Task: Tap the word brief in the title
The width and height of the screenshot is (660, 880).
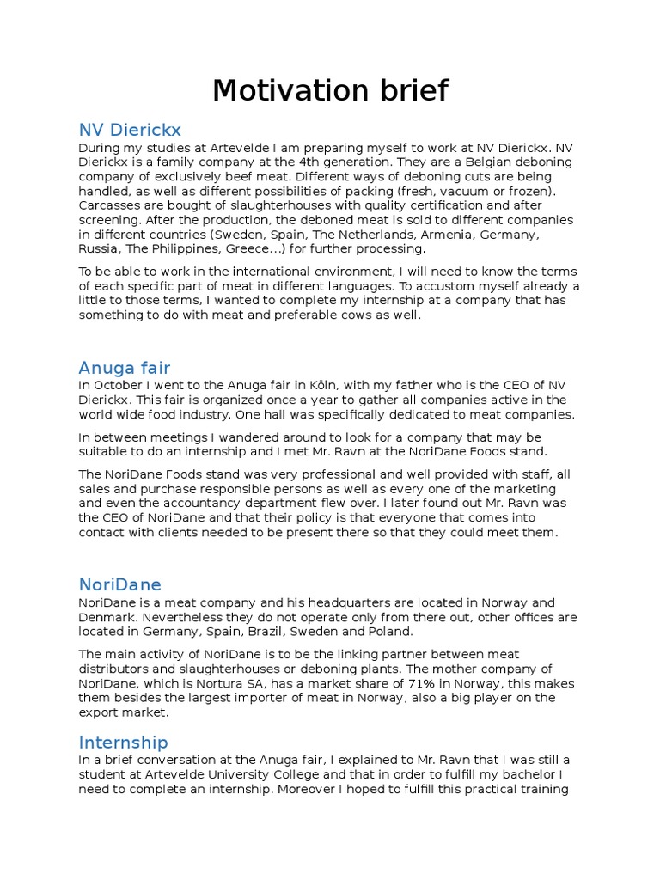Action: [x=412, y=90]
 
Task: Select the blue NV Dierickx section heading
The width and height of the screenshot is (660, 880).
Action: [x=130, y=130]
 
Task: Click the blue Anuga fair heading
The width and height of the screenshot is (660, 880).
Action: [x=125, y=369]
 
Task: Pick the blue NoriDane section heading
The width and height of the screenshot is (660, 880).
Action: [x=119, y=584]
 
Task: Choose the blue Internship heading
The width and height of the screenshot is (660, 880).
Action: [x=123, y=742]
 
